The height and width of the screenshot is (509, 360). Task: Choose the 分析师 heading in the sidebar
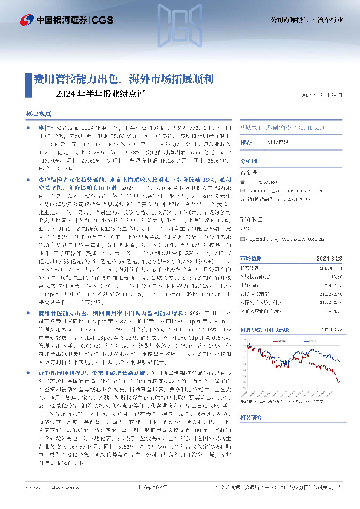pos(249,161)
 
